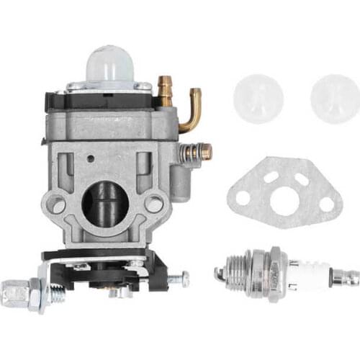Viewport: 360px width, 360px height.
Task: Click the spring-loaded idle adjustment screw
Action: coord(196,152)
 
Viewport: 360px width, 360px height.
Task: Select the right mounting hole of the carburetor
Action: coord(153,204)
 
